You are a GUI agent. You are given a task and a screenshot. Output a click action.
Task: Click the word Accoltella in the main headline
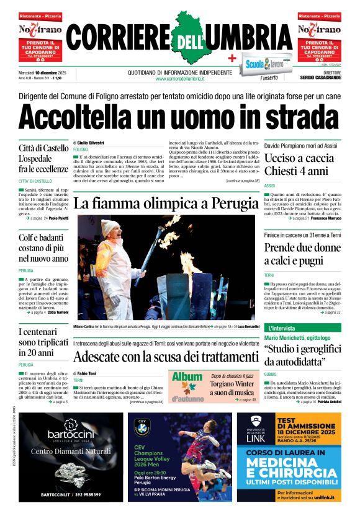click(x=80, y=116)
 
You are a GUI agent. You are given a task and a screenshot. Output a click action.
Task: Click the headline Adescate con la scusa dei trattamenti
click(x=165, y=357)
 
